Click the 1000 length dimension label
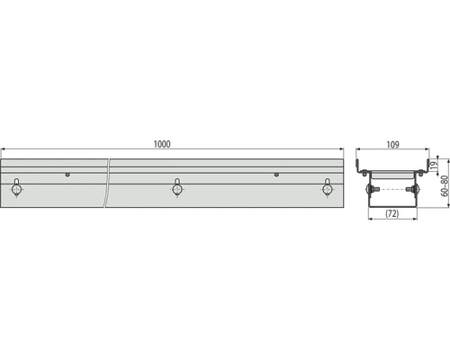tap(163, 144)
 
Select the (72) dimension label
tap(392, 214)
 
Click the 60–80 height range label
tap(444, 187)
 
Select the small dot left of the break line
tap(67, 174)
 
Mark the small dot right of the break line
tap(276, 174)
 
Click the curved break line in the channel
tap(108, 184)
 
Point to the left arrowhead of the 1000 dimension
tap(3, 150)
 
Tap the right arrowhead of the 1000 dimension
tap(342, 150)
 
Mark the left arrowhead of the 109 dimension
tap(357, 150)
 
